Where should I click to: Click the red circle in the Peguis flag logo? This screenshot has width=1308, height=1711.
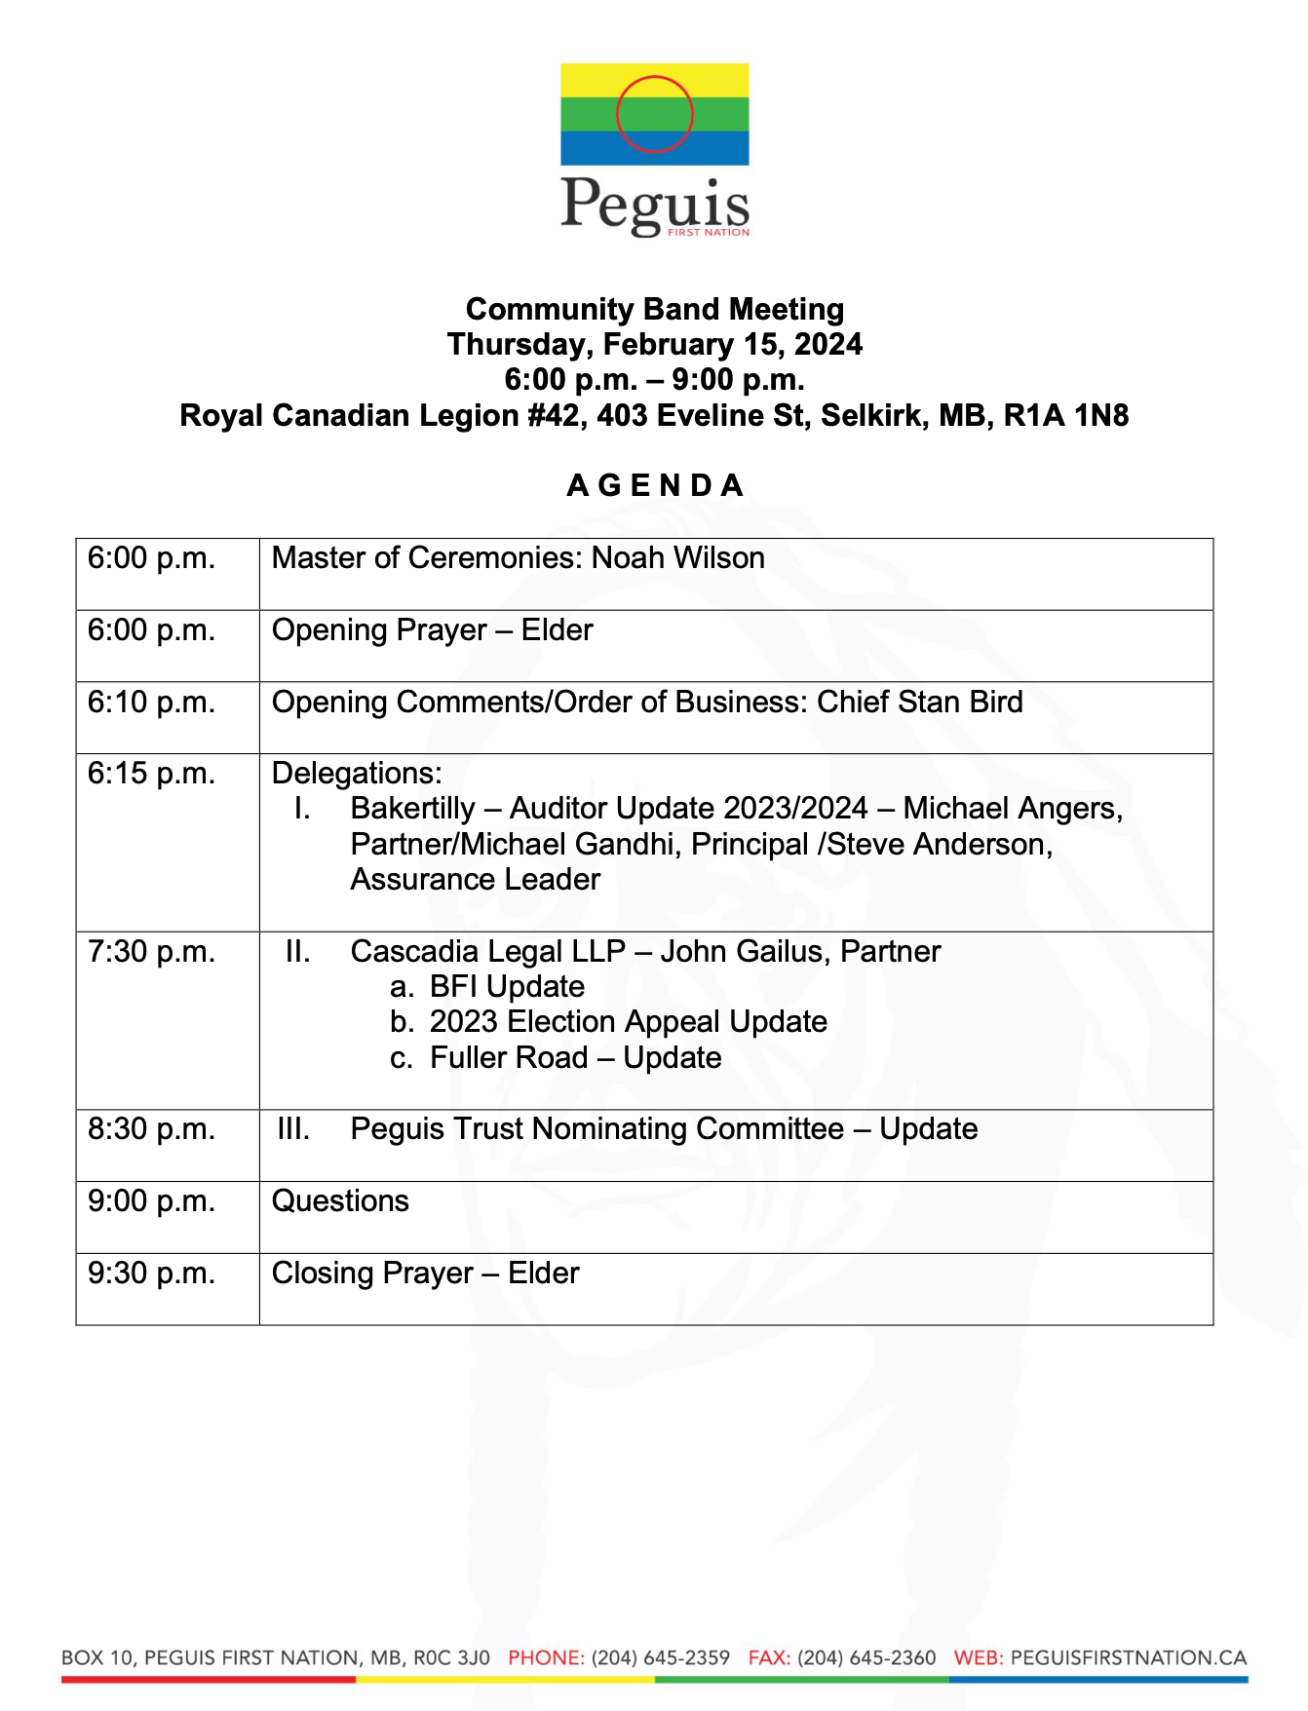[654, 114]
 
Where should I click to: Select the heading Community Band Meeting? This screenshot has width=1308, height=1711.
[654, 309]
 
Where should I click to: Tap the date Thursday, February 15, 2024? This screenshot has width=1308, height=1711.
[654, 344]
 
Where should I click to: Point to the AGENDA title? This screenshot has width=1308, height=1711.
[654, 485]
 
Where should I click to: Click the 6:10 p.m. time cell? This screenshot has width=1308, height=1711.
[151, 703]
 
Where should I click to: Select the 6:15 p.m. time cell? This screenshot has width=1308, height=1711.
[151, 774]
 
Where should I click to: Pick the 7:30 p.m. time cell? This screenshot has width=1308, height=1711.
[151, 952]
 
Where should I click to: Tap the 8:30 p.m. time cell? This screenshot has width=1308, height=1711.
[151, 1129]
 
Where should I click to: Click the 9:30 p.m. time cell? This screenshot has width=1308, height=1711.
[151, 1274]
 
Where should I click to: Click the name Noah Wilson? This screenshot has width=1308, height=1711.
[678, 558]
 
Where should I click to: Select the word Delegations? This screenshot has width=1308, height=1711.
[356, 774]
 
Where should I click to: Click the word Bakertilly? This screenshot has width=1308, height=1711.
[412, 809]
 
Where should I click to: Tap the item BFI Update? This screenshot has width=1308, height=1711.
[507, 987]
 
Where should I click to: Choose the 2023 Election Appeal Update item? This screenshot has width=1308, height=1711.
[628, 1022]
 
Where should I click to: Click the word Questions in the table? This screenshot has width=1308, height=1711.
[340, 1201]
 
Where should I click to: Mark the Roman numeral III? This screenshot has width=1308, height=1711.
[293, 1129]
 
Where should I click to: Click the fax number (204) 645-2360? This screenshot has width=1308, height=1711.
[866, 1657]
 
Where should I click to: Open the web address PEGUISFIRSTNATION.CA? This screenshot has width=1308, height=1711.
[1129, 1657]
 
